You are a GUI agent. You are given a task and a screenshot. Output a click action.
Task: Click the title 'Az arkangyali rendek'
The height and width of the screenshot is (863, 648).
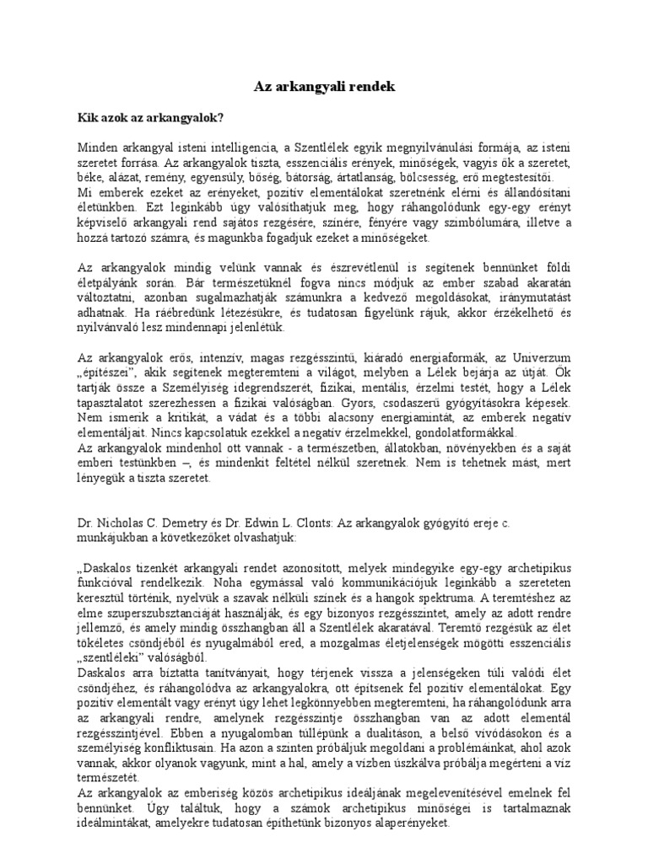pos(324,87)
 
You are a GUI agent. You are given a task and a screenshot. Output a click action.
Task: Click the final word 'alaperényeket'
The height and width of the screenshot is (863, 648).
pos(408,825)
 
